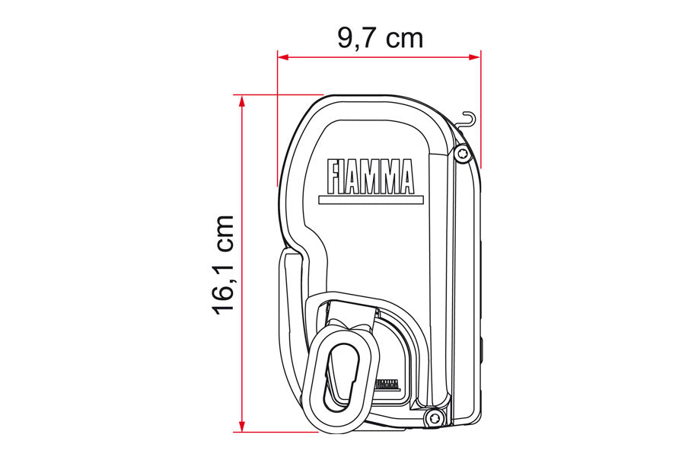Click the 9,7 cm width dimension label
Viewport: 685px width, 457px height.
pyautogui.click(x=380, y=39)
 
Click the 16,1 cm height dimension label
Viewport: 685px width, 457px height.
pyautogui.click(x=224, y=265)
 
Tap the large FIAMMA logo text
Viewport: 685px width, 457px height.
pyautogui.click(x=371, y=177)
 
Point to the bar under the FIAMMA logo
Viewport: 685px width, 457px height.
pyautogui.click(x=371, y=200)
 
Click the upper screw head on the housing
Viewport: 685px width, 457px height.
pyautogui.click(x=462, y=154)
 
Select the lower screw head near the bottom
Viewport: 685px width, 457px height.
pyautogui.click(x=433, y=418)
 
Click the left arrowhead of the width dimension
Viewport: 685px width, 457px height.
pyautogui.click(x=283, y=57)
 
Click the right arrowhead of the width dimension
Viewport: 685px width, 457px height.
pyautogui.click(x=475, y=57)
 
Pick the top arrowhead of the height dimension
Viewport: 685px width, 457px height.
pyautogui.click(x=241, y=101)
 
